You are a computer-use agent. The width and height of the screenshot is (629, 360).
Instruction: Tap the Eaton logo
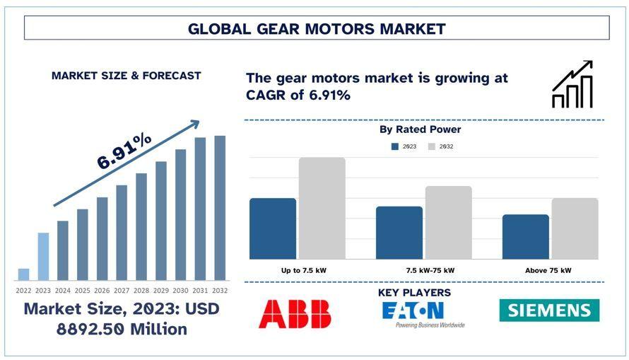pyautogui.click(x=422, y=313)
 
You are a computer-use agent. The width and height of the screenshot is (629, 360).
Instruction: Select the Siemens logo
pyautogui.click(x=549, y=310)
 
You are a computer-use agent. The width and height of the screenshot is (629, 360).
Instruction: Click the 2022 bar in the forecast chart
pyautogui.click(x=23, y=274)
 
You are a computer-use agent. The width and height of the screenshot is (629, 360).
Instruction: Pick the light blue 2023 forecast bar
pyautogui.click(x=43, y=256)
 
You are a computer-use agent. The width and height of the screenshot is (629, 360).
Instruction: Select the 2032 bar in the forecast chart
pyautogui.click(x=220, y=208)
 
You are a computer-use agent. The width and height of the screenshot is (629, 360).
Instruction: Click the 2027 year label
pyautogui.click(x=122, y=291)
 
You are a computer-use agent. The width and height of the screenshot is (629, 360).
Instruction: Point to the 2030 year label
pyautogui.click(x=180, y=291)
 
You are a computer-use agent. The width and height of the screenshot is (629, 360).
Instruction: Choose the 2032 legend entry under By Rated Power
pyautogui.click(x=440, y=146)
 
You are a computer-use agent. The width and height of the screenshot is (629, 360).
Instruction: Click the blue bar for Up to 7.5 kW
pyautogui.click(x=273, y=228)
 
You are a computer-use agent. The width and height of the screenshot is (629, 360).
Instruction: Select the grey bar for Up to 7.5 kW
pyautogui.click(x=322, y=208)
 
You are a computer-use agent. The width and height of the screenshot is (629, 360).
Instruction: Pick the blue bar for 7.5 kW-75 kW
pyautogui.click(x=399, y=233)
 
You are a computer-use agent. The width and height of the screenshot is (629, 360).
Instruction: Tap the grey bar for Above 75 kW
pyautogui.click(x=575, y=228)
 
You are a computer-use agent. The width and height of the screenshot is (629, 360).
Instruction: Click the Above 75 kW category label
pyautogui.click(x=548, y=270)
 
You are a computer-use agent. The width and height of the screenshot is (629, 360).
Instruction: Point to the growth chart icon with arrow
pyautogui.click(x=572, y=84)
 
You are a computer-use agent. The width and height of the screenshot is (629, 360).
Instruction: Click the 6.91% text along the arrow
pyautogui.click(x=124, y=151)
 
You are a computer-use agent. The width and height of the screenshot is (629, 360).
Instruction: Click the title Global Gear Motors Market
pyautogui.click(x=317, y=28)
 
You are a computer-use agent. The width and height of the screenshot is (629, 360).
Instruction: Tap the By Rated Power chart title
pyautogui.click(x=420, y=129)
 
